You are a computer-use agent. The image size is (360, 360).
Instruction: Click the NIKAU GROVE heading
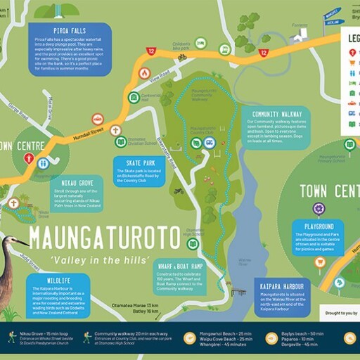tap(77, 181)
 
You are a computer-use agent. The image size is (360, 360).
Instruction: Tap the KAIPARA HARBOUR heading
tap(281, 287)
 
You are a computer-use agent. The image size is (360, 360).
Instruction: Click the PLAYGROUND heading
tap(319, 226)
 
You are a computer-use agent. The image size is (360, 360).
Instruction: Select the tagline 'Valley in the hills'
tap(100, 259)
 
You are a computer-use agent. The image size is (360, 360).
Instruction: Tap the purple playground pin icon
tap(319, 209)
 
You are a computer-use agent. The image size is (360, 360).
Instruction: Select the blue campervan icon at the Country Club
tap(208, 143)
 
